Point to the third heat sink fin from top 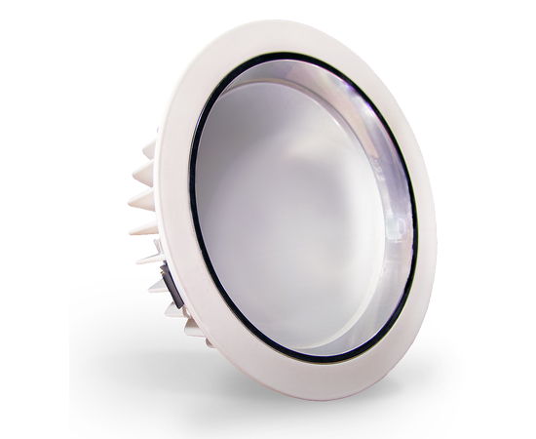pyautogui.click(x=142, y=200)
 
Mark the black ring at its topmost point pyautogui.click(x=292, y=53)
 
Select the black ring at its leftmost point pyautogui.click(x=191, y=195)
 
